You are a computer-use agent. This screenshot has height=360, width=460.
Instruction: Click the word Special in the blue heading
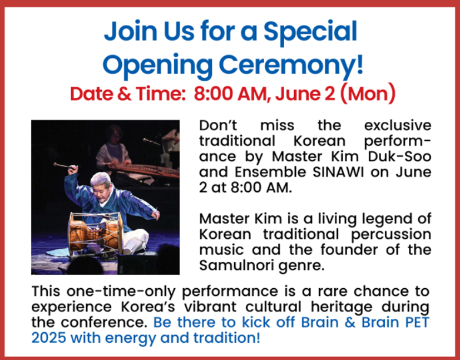coord(310,32)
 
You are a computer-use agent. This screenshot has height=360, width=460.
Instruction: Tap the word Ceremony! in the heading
coord(291,66)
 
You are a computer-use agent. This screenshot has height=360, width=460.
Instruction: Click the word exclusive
coord(398,125)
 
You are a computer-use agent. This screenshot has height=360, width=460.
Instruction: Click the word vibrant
coord(210,307)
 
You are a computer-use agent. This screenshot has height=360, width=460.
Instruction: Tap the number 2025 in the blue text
coord(48,338)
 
